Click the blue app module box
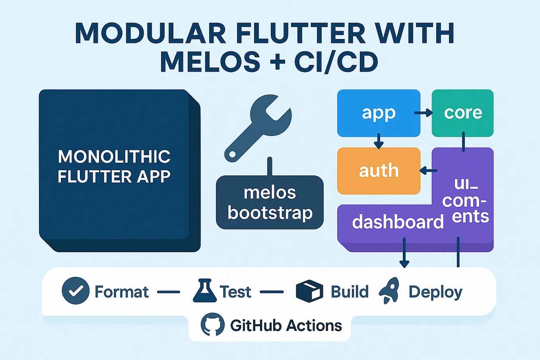click(x=379, y=113)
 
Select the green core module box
click(x=462, y=113)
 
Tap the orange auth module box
click(x=379, y=171)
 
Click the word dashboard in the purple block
click(x=398, y=222)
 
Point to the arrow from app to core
click(x=423, y=113)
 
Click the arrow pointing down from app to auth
click(x=379, y=141)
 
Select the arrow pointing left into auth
click(x=428, y=171)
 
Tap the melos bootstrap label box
click(x=270, y=202)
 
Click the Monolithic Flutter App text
click(x=114, y=166)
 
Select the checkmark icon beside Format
click(x=76, y=291)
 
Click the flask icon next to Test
click(x=204, y=291)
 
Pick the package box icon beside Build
click(x=309, y=291)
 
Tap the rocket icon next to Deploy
click(x=389, y=290)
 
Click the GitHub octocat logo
click(x=212, y=325)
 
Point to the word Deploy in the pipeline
click(x=435, y=292)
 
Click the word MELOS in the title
click(x=210, y=62)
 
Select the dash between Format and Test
click(x=169, y=292)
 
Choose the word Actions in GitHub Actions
click(x=314, y=325)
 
